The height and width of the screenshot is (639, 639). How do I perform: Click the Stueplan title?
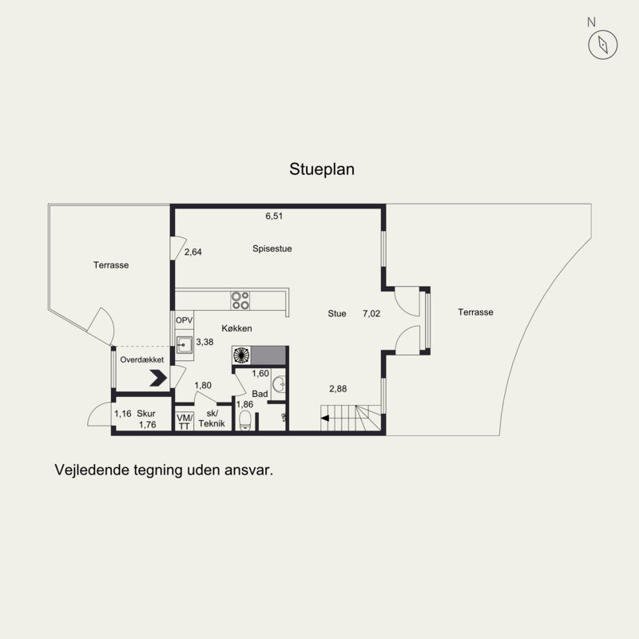tap(322, 169)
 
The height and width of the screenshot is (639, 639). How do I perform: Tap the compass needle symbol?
tap(603, 45)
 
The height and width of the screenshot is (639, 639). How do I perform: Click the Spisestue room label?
tap(272, 248)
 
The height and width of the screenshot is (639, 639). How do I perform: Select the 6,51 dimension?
tap(274, 216)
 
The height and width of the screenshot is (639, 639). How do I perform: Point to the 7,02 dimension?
tap(371, 313)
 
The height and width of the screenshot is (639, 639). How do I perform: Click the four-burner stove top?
tap(240, 301)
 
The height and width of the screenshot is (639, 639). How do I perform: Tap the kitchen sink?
tap(185, 345)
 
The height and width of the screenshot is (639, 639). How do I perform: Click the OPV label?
tap(184, 321)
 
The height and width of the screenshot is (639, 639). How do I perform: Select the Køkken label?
tap(236, 328)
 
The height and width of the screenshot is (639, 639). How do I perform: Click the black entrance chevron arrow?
tap(158, 378)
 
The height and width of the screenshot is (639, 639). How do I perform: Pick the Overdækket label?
tap(142, 360)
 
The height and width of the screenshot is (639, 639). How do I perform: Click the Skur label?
tap(146, 414)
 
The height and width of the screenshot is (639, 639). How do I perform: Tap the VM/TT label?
tap(185, 422)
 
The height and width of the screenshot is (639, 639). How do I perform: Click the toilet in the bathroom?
tap(245, 421)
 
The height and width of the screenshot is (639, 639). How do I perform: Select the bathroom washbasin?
tap(280, 384)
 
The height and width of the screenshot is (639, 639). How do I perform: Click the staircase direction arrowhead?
tap(325, 418)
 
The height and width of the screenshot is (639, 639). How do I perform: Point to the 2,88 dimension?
tap(338, 389)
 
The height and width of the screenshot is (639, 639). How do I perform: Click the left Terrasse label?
tap(111, 265)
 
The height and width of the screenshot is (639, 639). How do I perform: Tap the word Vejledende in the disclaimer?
tap(92, 470)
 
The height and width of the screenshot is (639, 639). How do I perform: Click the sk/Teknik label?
tap(212, 419)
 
